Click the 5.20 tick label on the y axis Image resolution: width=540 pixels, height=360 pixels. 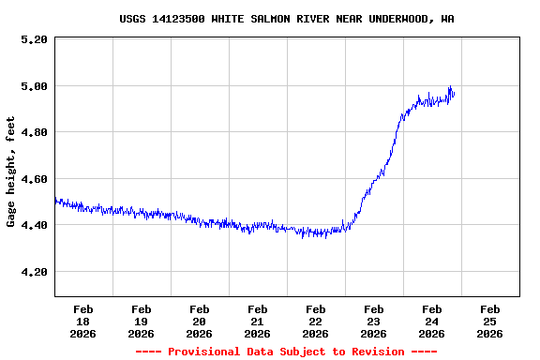[33, 39]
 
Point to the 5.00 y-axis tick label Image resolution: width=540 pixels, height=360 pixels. [33, 86]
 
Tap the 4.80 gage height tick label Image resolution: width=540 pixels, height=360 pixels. [33, 132]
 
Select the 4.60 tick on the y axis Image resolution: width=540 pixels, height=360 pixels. [33, 179]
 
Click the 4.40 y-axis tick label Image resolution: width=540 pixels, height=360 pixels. [33, 225]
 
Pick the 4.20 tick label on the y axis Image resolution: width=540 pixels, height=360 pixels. [33, 272]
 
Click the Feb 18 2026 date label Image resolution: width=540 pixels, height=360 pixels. [83, 321]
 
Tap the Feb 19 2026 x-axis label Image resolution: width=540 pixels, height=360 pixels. [142, 321]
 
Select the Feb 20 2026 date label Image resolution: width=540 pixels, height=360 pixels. [200, 321]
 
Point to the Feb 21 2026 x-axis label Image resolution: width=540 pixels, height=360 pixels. [258, 321]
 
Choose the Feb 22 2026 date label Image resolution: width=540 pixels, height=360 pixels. [316, 321]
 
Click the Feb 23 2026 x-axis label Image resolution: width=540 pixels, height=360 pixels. [374, 321]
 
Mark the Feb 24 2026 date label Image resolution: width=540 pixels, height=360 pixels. [432, 321]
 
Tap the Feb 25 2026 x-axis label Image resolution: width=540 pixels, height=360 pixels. [489, 321]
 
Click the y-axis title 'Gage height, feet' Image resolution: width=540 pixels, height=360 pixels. [11, 172]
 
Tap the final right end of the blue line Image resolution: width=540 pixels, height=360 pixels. [454, 92]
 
